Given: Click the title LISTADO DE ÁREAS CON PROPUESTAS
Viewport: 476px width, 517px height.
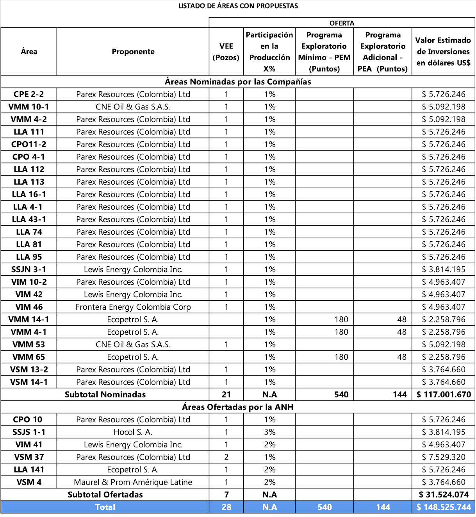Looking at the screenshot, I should (x=238, y=6).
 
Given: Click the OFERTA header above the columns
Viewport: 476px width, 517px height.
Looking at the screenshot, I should (x=342, y=23).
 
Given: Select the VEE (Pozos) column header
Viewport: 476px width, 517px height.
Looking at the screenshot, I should (x=226, y=52).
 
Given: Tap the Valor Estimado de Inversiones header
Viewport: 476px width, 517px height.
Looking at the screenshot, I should (x=443, y=52).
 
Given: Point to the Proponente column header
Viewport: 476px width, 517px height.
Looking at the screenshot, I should (x=133, y=52).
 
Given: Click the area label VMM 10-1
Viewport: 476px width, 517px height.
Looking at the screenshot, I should (x=29, y=107).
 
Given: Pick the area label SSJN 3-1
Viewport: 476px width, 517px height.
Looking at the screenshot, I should (x=29, y=269).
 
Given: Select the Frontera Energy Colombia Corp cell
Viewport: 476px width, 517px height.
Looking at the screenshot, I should (x=133, y=307).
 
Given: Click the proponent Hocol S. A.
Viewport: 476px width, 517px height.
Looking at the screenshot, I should (x=133, y=432).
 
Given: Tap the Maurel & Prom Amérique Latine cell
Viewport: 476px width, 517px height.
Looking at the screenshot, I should (x=133, y=482).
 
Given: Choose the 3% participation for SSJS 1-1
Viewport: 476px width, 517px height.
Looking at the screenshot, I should (x=269, y=432).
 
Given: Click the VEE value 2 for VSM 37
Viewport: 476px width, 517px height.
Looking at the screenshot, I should (x=226, y=457).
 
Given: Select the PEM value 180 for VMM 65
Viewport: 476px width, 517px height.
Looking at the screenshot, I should (x=341, y=357).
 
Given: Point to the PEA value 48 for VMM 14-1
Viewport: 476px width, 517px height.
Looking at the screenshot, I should (x=401, y=320).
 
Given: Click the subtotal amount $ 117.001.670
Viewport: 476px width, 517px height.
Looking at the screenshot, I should (x=444, y=395).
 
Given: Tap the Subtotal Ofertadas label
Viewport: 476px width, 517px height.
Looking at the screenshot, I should (x=105, y=495).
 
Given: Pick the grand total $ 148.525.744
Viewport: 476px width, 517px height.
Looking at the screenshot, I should (x=444, y=507).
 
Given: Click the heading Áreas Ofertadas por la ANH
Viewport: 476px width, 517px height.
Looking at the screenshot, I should (x=237, y=407).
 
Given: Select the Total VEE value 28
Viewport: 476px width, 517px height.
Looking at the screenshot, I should (x=226, y=507).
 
